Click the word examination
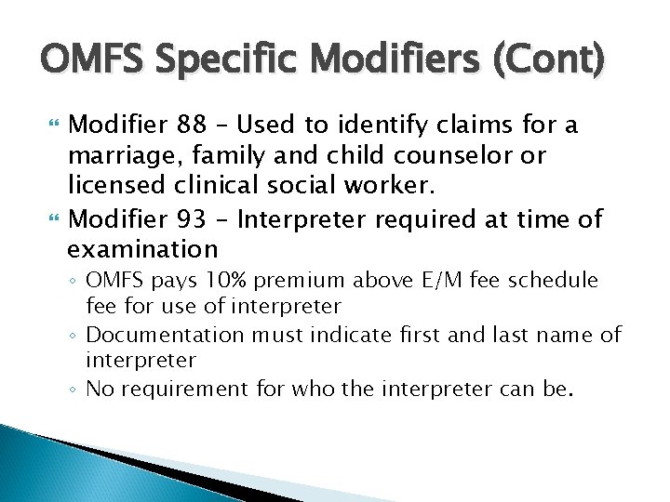point(142,250)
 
